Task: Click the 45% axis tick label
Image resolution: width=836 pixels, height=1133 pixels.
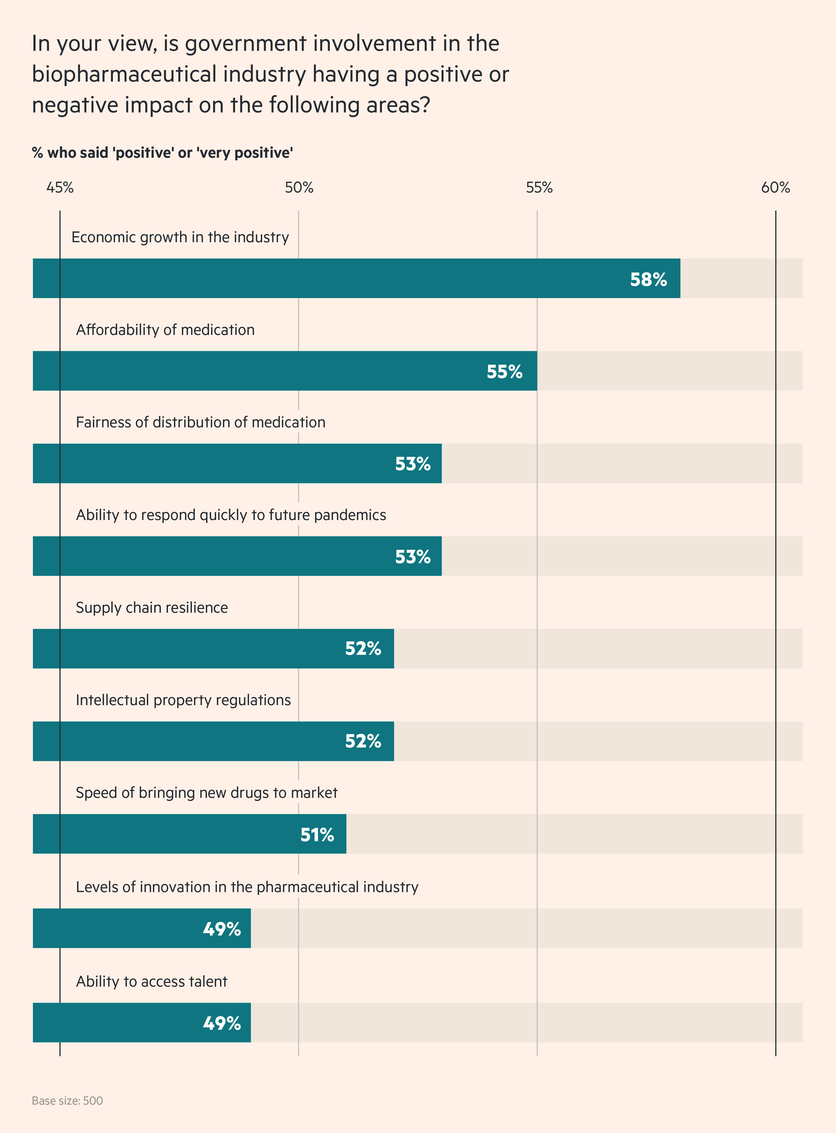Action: tap(60, 188)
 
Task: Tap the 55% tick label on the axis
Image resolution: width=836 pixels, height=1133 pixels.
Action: tap(539, 188)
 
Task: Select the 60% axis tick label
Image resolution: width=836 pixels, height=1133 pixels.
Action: tap(775, 188)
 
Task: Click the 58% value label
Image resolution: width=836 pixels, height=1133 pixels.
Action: tap(648, 279)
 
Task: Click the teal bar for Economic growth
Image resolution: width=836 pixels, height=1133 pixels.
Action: tap(354, 278)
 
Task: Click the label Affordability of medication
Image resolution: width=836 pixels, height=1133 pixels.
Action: tap(165, 330)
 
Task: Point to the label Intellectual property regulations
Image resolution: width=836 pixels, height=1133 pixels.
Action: tap(183, 700)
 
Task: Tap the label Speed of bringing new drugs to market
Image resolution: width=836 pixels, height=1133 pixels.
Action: tap(206, 793)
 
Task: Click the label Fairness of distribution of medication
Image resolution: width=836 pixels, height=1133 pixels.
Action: tap(200, 422)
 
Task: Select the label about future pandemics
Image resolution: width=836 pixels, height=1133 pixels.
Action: tap(231, 515)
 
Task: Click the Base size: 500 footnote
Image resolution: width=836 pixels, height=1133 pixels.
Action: tap(67, 1101)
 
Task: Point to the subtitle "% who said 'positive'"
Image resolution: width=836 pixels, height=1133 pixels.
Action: tap(162, 153)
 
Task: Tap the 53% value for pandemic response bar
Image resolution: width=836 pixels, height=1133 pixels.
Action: tap(412, 557)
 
